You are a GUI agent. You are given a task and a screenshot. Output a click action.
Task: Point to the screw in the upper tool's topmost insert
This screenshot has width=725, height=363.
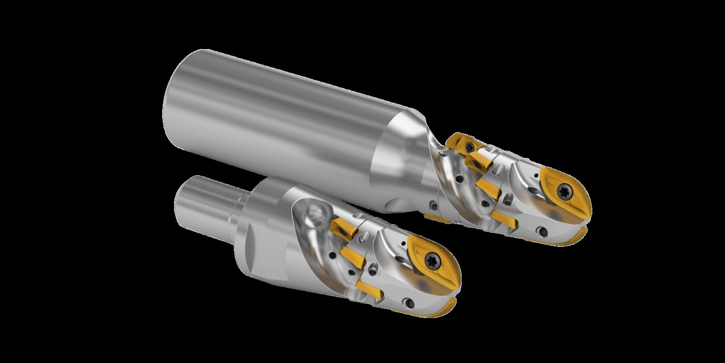click(470, 146)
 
